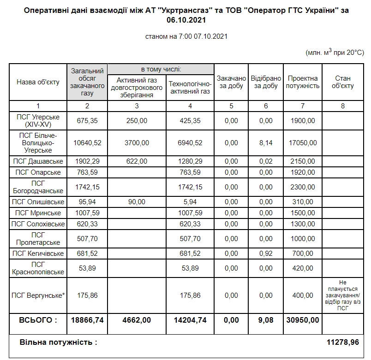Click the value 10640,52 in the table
[87, 143]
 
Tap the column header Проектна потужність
[303, 82]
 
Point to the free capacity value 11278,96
[343, 342]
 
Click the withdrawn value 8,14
[266, 143]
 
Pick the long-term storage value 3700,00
[137, 143]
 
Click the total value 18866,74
[87, 319]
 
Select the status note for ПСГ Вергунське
[342, 295]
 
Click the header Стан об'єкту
[342, 82]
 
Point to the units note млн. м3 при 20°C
[335, 53]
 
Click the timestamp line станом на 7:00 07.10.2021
[185, 36]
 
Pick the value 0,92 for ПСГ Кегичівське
[266, 253]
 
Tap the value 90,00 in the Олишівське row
[137, 201]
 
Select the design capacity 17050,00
[303, 143]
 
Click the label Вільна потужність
[58, 342]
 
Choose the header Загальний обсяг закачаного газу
[87, 82]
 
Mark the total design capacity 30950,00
[303, 319]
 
